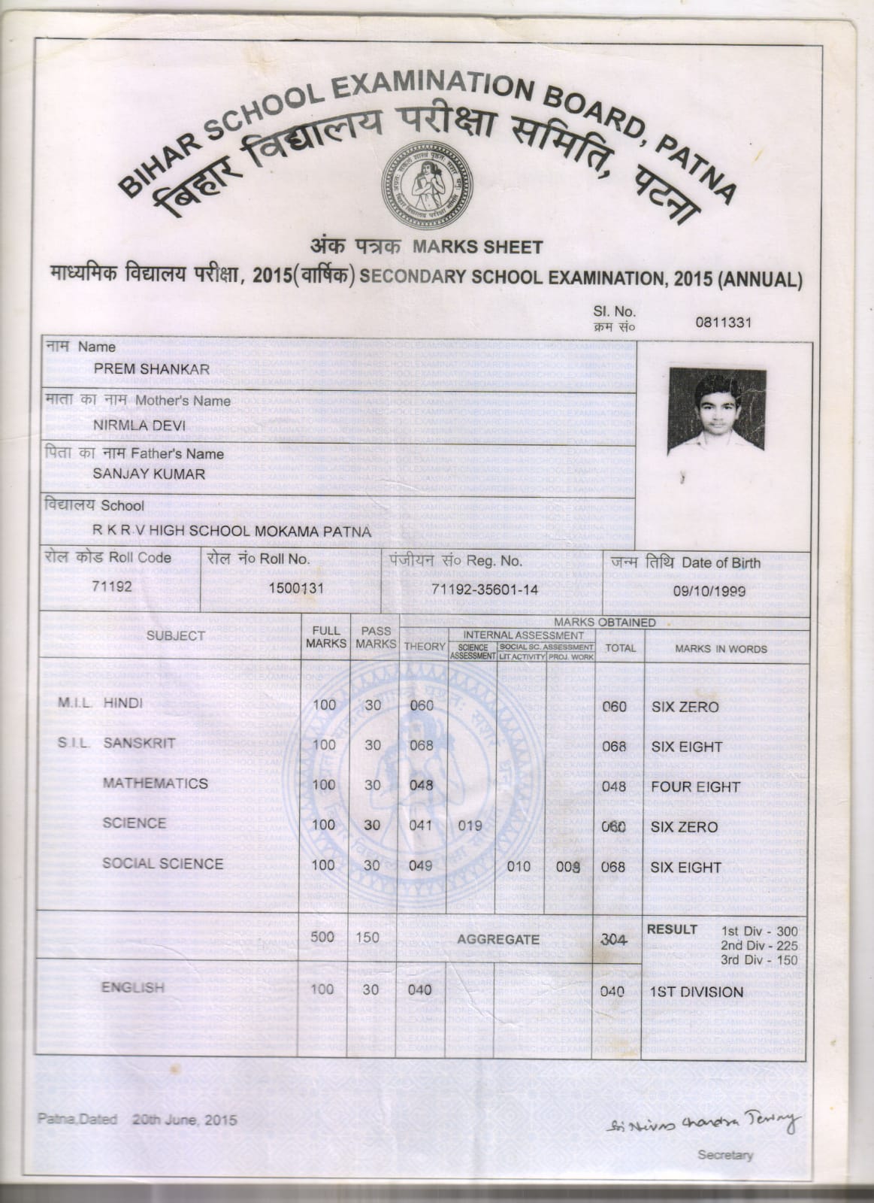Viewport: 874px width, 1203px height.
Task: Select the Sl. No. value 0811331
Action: (x=724, y=323)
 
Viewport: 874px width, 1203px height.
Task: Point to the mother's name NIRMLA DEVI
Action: (x=135, y=423)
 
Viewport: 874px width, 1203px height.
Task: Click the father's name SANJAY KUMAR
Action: (x=149, y=474)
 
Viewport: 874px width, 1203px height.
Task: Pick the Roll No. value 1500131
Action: (x=296, y=589)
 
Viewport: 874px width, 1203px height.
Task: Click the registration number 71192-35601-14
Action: (x=485, y=590)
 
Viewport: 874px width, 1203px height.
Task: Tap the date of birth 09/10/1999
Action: (x=709, y=591)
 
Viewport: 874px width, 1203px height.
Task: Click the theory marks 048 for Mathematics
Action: (x=421, y=785)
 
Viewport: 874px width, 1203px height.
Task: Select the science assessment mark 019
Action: (x=470, y=826)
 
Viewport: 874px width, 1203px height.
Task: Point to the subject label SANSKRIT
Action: (x=139, y=743)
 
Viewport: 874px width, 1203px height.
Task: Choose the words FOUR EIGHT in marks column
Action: (x=696, y=787)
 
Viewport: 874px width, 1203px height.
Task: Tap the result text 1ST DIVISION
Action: (x=696, y=992)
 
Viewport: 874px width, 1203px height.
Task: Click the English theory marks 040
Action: (x=420, y=989)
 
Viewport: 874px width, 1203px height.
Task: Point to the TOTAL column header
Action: (x=620, y=648)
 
